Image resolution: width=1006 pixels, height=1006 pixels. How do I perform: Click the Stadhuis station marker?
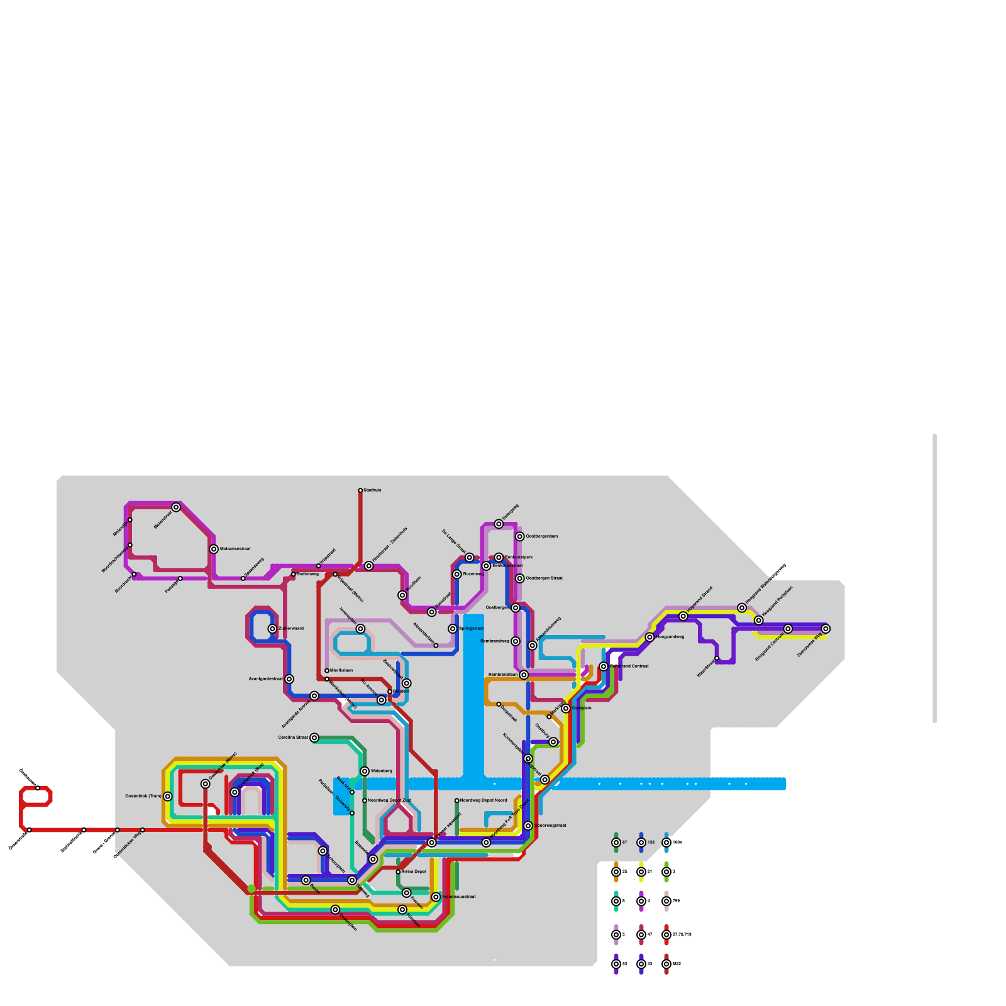[360, 490]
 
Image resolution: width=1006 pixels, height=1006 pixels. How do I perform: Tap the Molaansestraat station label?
[235, 549]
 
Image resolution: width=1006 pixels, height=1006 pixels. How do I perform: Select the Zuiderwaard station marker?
[272, 629]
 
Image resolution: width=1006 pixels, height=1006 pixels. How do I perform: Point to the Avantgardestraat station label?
[265, 679]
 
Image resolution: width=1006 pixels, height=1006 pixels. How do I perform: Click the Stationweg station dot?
[294, 574]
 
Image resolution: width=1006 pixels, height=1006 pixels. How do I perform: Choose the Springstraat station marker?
[453, 629]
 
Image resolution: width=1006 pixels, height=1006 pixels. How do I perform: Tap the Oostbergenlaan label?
[541, 536]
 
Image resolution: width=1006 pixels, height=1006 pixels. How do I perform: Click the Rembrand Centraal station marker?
[604, 666]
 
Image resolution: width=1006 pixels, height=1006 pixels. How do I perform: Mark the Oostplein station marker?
[566, 709]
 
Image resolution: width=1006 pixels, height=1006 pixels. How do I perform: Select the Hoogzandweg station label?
[670, 637]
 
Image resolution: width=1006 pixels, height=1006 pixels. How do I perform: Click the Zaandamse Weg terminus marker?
[826, 629]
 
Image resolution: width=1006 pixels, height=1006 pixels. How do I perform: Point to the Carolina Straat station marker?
[314, 738]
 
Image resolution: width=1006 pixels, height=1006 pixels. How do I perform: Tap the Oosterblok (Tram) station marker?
[168, 797]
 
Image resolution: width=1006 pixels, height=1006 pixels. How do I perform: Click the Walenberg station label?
[381, 771]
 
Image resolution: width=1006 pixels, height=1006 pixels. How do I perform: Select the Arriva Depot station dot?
[398, 872]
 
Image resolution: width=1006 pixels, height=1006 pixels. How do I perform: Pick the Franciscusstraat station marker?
[436, 897]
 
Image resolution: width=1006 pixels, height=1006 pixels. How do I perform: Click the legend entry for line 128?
[641, 843]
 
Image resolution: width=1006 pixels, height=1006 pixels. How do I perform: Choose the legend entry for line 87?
[616, 843]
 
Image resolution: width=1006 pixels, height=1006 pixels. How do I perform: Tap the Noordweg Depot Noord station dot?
[457, 800]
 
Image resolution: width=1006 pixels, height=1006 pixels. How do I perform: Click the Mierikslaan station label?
[341, 671]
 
